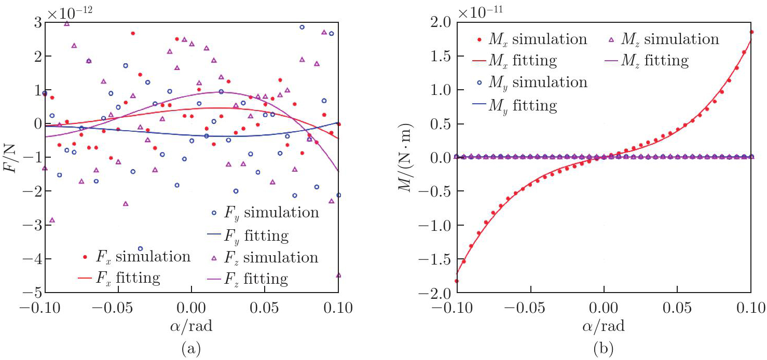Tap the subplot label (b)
point(604,348)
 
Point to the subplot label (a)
point(191,348)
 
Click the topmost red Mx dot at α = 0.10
point(751,32)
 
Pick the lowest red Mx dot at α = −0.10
point(457,281)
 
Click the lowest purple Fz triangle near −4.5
point(338,275)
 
